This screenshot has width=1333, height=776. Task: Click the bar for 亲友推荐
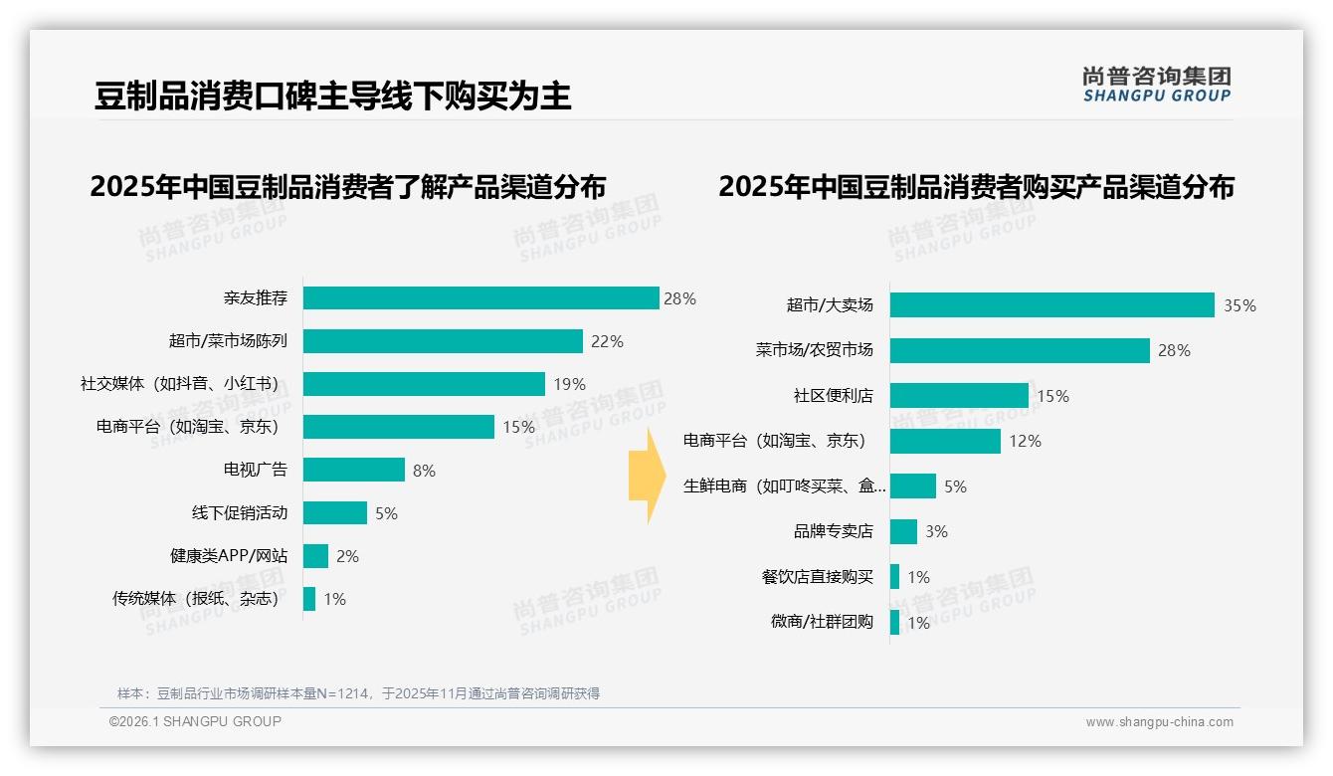(480, 298)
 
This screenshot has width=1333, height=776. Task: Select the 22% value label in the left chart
(607, 341)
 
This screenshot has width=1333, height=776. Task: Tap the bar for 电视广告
(354, 470)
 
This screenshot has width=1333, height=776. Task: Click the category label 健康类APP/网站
(228, 556)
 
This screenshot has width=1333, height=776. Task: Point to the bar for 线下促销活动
(335, 513)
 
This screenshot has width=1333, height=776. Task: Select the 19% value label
(569, 384)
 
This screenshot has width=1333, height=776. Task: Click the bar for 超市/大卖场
(1051, 305)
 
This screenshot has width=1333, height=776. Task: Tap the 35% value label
(1239, 306)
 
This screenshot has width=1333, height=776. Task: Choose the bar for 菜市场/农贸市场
(1020, 350)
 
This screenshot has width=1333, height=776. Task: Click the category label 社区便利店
(833, 396)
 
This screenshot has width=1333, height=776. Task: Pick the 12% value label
(1025, 441)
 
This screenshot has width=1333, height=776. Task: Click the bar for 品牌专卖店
(903, 531)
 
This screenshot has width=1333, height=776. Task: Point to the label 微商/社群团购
(822, 622)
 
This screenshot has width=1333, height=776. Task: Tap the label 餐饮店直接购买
(817, 577)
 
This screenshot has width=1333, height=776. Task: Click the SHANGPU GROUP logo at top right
(1156, 85)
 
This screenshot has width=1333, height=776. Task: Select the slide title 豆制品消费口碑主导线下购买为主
(332, 97)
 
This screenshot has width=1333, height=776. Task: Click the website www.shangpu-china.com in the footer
(1159, 722)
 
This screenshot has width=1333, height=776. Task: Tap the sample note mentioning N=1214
(358, 693)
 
